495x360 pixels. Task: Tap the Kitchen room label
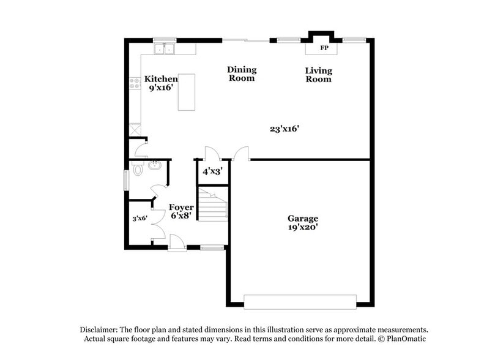tap(161, 79)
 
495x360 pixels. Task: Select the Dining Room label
tap(242, 73)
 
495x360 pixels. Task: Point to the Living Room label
tap(319, 74)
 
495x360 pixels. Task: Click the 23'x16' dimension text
tap(284, 129)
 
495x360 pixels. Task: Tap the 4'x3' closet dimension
tap(211, 171)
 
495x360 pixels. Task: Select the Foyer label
tap(181, 208)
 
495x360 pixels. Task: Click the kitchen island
tap(187, 92)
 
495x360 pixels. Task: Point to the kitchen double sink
tap(165, 48)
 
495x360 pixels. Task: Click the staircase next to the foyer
tap(214, 206)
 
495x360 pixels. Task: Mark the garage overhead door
tap(300, 301)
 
